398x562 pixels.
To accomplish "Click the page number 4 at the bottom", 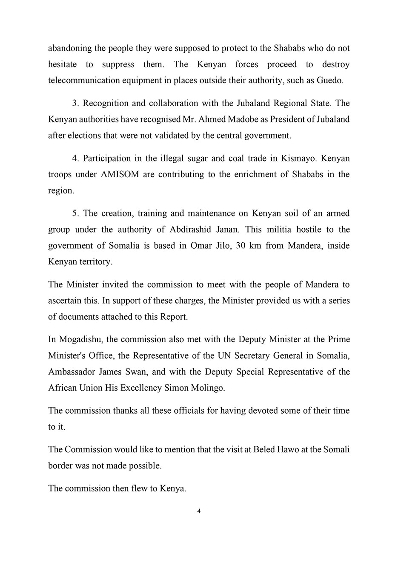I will click(199, 511).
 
